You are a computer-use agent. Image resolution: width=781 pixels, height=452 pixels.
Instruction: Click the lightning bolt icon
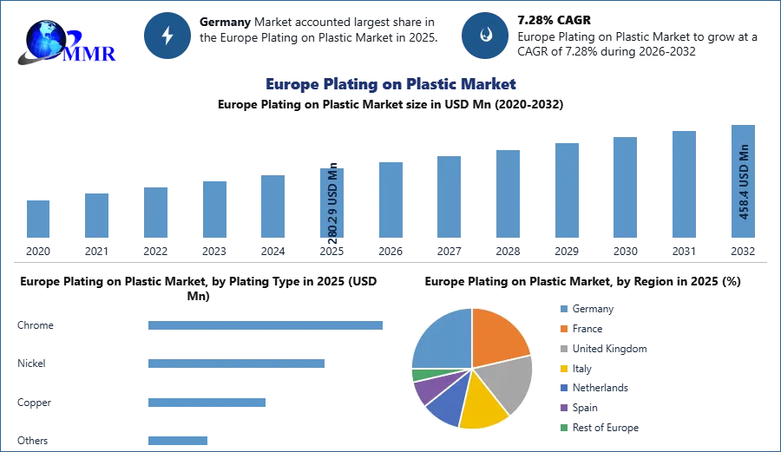pyautogui.click(x=168, y=36)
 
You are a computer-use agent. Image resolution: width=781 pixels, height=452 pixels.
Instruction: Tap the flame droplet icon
pyautogui.click(x=485, y=36)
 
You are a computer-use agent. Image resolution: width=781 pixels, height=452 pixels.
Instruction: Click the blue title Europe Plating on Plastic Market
pyautogui.click(x=391, y=84)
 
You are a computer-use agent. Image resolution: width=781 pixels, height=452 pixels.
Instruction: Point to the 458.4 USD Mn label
pyautogui.click(x=744, y=180)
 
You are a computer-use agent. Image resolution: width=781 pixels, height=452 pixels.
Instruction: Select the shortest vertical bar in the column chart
pyautogui.click(x=37, y=218)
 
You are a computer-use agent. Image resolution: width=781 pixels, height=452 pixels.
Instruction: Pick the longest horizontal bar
pyautogui.click(x=266, y=326)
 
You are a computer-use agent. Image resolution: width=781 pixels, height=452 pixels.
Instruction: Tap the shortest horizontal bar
pyautogui.click(x=176, y=440)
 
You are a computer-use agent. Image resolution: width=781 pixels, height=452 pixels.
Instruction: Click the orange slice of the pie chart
pyautogui.click(x=499, y=334)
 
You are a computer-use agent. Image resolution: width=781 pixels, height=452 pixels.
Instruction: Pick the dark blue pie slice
pyautogui.click(x=446, y=403)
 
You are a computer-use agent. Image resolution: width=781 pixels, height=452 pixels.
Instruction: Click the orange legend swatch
pyautogui.click(x=561, y=328)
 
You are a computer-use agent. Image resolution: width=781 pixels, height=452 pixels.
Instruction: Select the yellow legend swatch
pyautogui.click(x=561, y=368)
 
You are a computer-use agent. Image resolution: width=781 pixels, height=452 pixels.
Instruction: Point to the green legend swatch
pyautogui.click(x=561, y=429)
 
